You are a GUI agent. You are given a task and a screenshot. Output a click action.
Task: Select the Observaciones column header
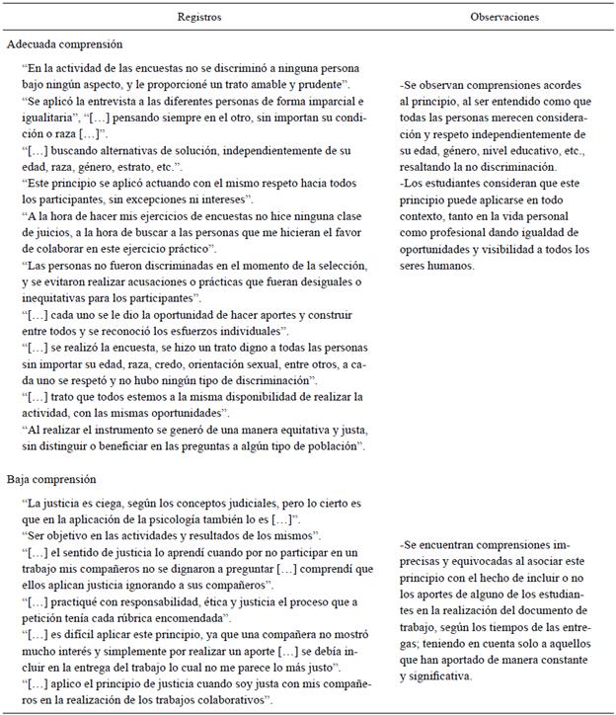click(x=503, y=17)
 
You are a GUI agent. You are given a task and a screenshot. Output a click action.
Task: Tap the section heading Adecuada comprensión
click(x=65, y=44)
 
